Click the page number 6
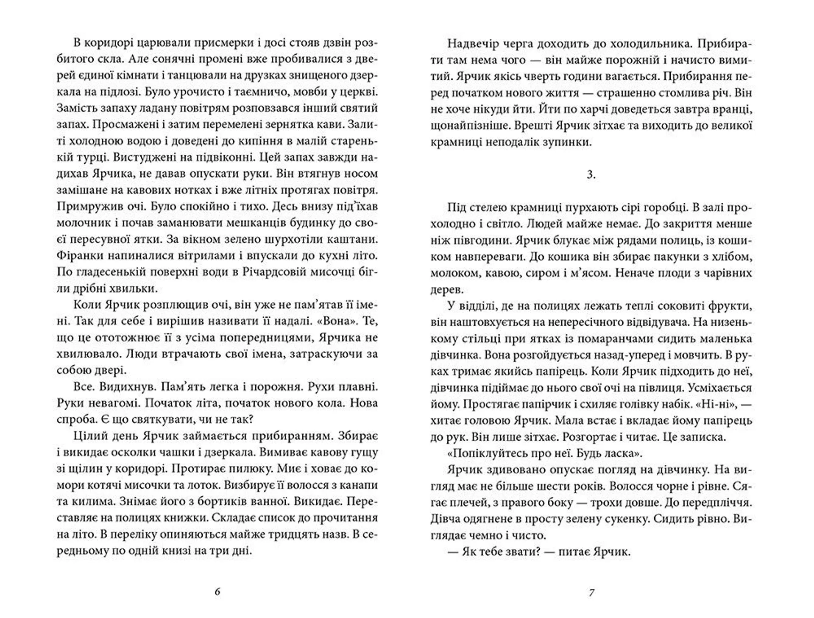pos(217,592)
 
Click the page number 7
pos(591,592)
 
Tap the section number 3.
pos(591,174)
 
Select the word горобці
pos(664,207)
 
